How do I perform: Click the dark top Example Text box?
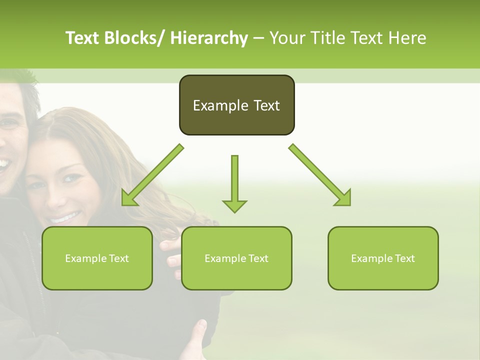(x=236, y=105)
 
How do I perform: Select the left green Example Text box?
(x=97, y=258)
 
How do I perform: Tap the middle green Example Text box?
(x=236, y=258)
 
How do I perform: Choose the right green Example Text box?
(x=383, y=258)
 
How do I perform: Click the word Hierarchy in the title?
(x=208, y=38)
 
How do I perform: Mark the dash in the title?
(x=258, y=38)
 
